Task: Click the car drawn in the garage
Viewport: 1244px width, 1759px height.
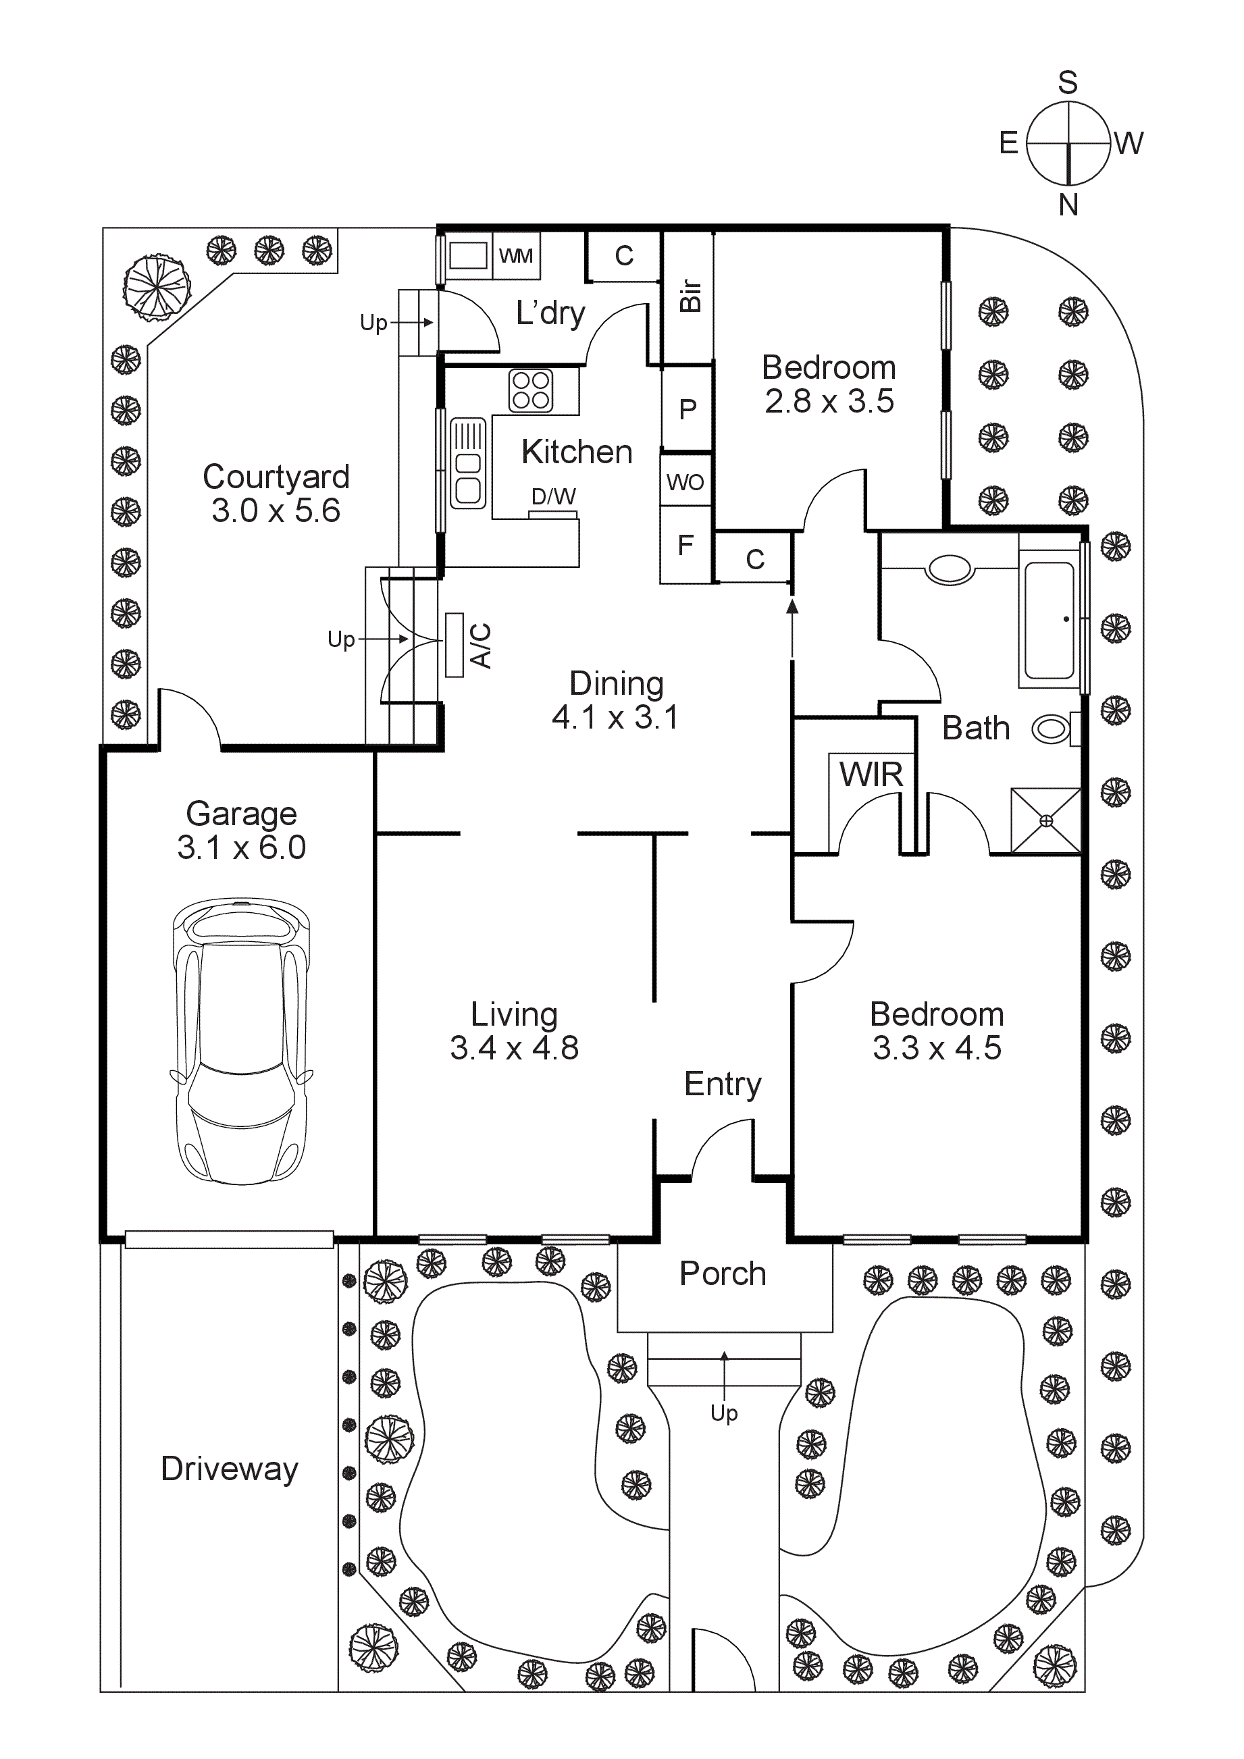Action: [x=241, y=1042]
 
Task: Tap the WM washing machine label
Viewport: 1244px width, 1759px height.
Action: [x=515, y=256]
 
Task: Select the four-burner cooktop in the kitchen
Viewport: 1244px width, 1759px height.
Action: [x=531, y=390]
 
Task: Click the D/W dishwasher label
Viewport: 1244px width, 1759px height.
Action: [x=553, y=497]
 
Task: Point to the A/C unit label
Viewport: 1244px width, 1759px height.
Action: [x=480, y=645]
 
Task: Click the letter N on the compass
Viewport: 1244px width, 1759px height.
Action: [x=1068, y=205]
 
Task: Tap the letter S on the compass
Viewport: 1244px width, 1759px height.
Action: [x=1068, y=82]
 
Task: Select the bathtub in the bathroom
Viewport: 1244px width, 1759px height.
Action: [x=1049, y=621]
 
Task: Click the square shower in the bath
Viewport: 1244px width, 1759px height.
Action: [x=1045, y=820]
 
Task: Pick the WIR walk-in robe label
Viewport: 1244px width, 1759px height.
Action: [x=871, y=775]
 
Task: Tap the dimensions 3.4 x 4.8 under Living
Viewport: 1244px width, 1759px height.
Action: [x=514, y=1048]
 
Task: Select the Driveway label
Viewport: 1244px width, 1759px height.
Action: [x=229, y=1469]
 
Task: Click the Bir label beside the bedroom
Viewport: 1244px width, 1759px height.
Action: [x=690, y=296]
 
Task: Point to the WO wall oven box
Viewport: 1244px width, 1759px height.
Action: [x=685, y=482]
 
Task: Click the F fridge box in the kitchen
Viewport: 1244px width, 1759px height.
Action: [x=685, y=546]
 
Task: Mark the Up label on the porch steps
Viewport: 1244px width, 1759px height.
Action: [x=724, y=1413]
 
